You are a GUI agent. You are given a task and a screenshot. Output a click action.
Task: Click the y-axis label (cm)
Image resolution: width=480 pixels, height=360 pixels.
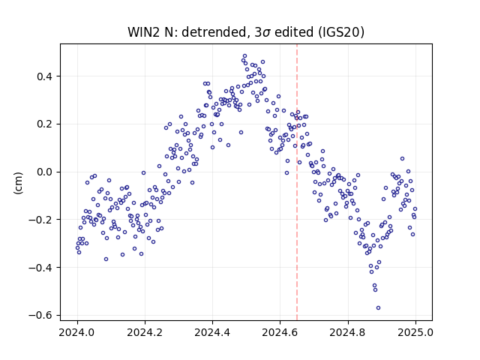[x=18, y=183]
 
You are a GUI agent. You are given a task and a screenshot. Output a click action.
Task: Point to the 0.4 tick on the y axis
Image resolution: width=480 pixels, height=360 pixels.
[x=46, y=76]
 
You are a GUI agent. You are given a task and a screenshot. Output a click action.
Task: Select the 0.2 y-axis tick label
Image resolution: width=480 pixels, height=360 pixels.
[x=46, y=124]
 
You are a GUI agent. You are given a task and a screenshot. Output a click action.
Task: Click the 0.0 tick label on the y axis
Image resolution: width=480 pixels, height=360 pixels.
[x=46, y=172]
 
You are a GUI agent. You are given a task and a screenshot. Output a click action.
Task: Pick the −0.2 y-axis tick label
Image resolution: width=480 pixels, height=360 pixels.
[x=41, y=220]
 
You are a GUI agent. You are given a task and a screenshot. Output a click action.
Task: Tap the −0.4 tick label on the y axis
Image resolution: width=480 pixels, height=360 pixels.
[x=41, y=268]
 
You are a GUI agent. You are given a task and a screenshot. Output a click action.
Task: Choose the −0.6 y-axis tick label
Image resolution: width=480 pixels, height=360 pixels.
[x=41, y=315]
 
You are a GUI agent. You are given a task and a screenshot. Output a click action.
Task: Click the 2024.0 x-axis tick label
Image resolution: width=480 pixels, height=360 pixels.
[x=77, y=332]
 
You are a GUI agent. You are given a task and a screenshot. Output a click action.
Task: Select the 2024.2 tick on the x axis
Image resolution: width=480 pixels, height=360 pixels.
[x=145, y=332]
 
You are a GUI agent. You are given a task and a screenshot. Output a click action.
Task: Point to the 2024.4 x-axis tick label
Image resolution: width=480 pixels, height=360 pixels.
[x=212, y=332]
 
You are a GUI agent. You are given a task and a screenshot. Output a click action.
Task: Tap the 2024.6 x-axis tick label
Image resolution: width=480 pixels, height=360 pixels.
[x=280, y=332]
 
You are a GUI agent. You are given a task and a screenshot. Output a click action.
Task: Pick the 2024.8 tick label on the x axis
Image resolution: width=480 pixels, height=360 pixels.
[x=348, y=332]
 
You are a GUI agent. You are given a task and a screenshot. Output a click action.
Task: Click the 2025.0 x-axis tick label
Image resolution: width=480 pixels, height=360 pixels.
[x=415, y=332]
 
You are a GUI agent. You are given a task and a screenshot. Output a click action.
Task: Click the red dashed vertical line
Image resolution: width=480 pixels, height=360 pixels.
[x=297, y=182]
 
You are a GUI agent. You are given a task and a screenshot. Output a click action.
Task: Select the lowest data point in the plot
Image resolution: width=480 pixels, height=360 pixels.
[x=378, y=308]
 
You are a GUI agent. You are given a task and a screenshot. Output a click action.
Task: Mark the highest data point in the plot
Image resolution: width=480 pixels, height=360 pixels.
[x=244, y=56]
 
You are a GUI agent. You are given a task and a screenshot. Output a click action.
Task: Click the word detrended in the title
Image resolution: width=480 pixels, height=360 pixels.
[x=214, y=32]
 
